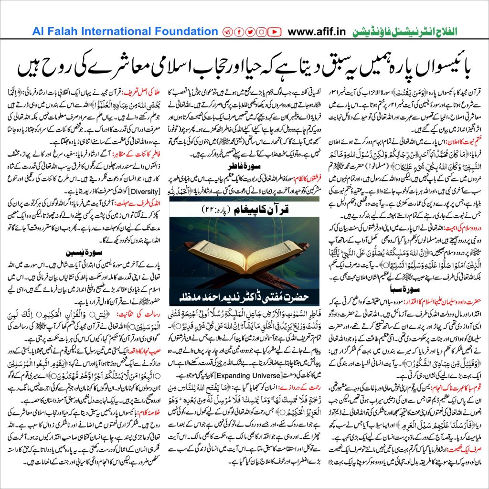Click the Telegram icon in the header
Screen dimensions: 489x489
tap(227, 32)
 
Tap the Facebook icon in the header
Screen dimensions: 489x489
tap(238, 32)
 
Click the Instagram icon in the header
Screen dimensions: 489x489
tap(261, 32)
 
